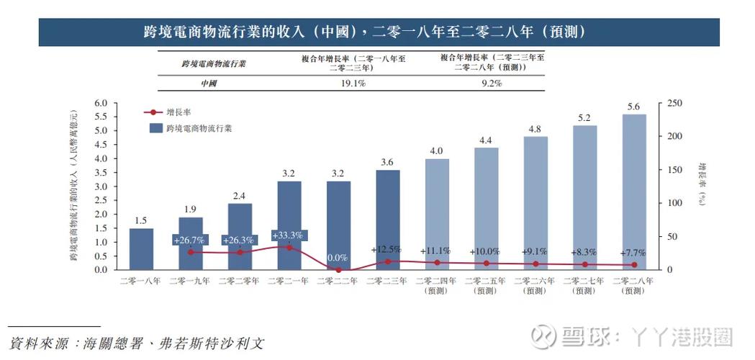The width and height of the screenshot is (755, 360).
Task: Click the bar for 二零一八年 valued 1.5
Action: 141,248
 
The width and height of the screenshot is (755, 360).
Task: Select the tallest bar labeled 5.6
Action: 633,192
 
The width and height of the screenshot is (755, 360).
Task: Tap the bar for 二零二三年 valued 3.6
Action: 387,220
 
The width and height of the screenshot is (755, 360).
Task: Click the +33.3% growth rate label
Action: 289,235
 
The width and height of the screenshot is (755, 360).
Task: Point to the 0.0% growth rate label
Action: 338,257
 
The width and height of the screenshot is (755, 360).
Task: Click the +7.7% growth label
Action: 633,253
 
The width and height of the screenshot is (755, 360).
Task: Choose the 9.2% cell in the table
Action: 492,84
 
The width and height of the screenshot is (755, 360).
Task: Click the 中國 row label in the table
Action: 209,84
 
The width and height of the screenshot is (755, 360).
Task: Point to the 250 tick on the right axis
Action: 675,103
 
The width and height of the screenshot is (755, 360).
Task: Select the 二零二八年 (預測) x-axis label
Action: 633,286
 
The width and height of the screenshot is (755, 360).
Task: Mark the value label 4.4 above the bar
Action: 485,140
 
